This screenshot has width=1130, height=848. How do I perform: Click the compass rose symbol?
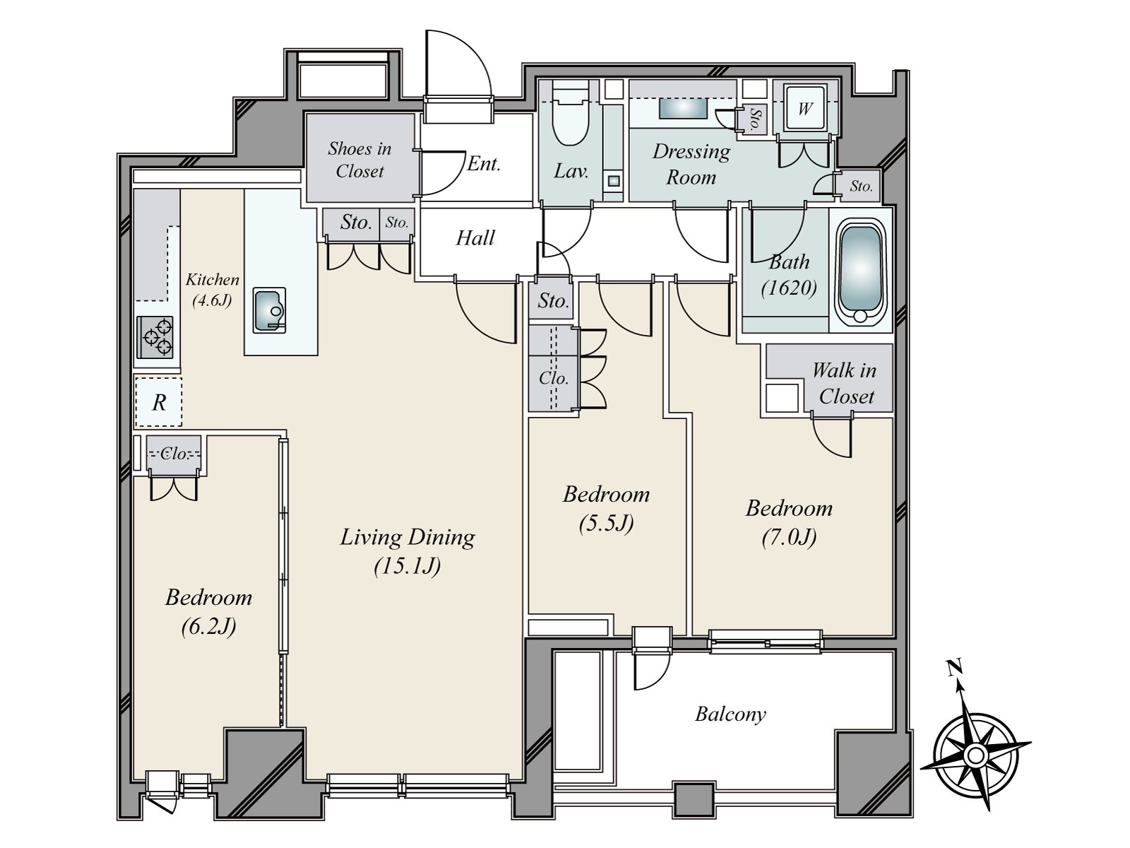point(975,755)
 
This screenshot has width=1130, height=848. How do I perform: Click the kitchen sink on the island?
point(269,310)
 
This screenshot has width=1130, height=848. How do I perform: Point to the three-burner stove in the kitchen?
point(155,337)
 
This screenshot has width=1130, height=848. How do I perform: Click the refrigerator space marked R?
point(159,402)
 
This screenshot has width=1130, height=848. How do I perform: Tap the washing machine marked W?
point(804,109)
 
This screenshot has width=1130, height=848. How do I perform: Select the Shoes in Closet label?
point(360,160)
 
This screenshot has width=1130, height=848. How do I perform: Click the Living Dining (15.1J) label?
point(408,551)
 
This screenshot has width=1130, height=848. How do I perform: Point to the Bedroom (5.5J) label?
point(606,508)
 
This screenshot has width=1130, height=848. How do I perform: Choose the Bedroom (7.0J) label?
point(789,523)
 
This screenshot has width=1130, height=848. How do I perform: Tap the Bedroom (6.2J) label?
point(208,612)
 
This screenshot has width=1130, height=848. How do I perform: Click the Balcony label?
point(730,714)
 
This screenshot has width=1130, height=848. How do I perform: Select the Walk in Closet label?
point(844,384)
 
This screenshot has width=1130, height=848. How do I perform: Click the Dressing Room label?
point(691,164)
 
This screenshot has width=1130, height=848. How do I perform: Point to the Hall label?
point(475,238)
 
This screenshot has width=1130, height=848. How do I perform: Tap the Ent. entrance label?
point(483,164)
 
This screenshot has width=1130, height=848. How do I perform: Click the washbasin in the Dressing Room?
point(683,108)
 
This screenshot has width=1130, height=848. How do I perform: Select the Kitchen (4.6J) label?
point(212,290)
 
